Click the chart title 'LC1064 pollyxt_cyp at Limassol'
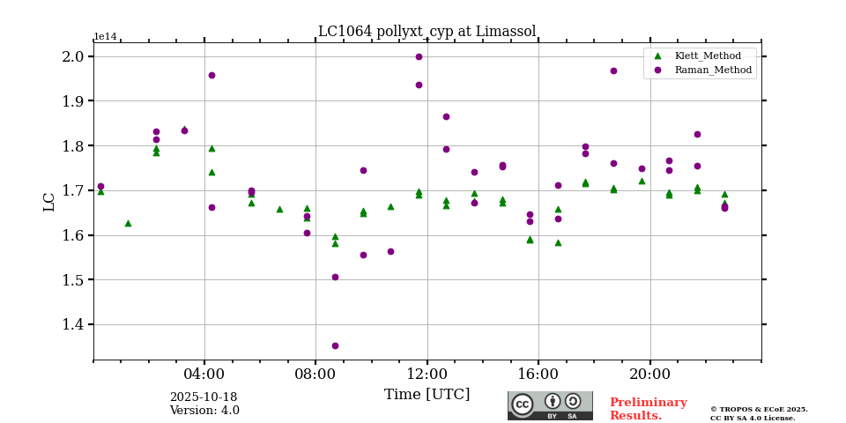[427, 32]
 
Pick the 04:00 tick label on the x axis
[204, 373]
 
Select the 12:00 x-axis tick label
[427, 373]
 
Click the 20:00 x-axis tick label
[650, 373]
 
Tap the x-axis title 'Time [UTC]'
[427, 394]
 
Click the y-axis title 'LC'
[49, 201]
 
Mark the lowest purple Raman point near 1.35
[335, 345]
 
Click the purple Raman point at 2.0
[419, 56]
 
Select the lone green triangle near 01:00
[128, 223]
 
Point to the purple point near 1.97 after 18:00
[613, 70]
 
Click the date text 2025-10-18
[204, 397]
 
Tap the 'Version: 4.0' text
[204, 411]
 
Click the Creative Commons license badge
[550, 405]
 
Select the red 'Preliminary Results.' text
[648, 409]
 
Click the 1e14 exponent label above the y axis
[105, 37]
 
